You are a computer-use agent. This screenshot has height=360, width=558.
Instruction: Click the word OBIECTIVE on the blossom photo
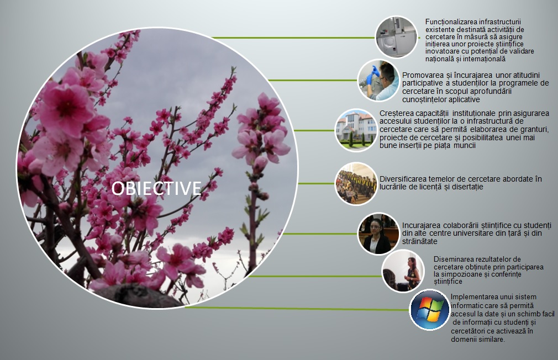pyautogui.click(x=156, y=188)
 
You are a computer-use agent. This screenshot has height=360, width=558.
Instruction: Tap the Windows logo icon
pyautogui.click(x=429, y=310)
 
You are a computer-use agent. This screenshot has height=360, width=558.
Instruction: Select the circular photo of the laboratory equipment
pyautogui.click(x=397, y=37)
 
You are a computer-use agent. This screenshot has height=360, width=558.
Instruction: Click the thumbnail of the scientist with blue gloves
pyautogui.click(x=378, y=81)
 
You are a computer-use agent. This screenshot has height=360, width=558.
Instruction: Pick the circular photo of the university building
pyautogui.click(x=356, y=130)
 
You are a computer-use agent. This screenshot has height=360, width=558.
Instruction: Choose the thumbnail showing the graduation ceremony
pyautogui.click(x=356, y=183)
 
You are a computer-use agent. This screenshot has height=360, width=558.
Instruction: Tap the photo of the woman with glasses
pyautogui.click(x=378, y=234)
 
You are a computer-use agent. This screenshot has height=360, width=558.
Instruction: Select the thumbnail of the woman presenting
pyautogui.click(x=403, y=271)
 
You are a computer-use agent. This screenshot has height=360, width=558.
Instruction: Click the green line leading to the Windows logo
pyautogui.click(x=297, y=309)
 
